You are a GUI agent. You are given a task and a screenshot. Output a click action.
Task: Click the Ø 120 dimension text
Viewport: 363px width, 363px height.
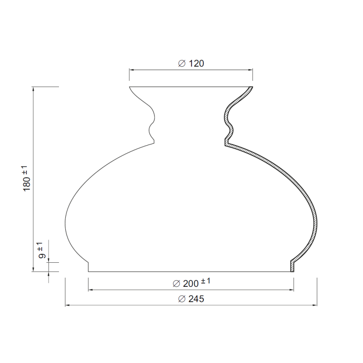(x=191, y=64)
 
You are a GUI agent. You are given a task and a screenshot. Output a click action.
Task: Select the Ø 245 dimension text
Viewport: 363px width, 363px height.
(x=191, y=299)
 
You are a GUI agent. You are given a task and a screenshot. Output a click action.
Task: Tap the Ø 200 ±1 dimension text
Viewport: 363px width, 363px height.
(x=191, y=283)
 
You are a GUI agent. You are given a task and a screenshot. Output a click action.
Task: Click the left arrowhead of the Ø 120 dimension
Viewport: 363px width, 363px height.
(x=132, y=70)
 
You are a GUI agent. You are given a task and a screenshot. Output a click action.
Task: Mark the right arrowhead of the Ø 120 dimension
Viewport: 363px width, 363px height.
(x=250, y=70)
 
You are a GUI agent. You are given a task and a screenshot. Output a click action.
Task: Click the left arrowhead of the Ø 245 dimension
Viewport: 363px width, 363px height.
(x=67, y=305)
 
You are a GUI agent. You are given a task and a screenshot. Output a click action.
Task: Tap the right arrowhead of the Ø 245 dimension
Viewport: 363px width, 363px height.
(x=314, y=305)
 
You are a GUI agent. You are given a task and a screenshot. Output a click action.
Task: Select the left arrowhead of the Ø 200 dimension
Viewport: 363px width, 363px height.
(x=90, y=289)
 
